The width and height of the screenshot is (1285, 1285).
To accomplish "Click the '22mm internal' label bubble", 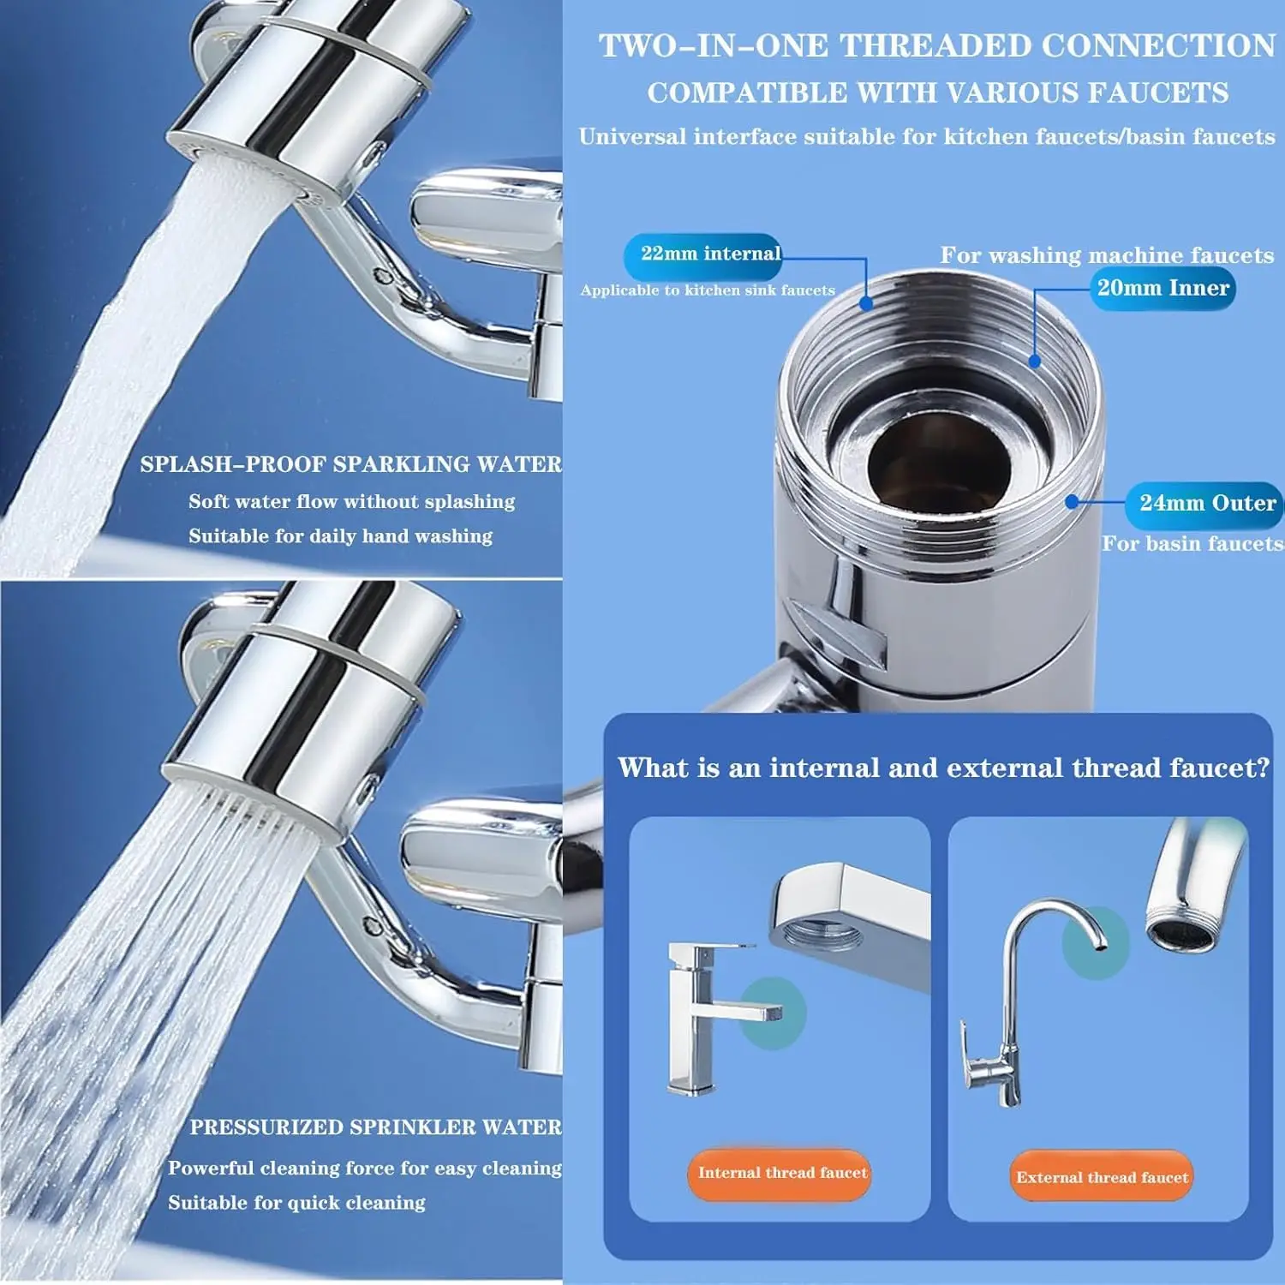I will point(703,254).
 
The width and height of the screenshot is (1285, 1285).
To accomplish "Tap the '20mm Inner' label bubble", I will point(1162,289).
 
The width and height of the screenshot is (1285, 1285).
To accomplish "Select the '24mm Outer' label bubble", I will point(1206,504).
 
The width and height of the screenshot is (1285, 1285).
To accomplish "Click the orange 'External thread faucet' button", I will point(1102,1178).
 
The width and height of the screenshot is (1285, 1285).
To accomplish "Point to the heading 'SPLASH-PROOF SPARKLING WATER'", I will point(350,464).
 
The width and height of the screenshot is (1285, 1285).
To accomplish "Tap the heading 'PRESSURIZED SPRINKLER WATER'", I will point(375,1127).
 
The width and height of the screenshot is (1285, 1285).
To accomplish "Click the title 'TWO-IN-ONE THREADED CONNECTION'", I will point(936,46).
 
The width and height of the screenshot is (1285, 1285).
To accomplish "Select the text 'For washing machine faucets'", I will point(1107,255).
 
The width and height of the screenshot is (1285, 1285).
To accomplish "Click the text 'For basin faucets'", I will point(1192,544).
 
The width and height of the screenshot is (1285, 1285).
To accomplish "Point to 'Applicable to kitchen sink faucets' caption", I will point(708,290).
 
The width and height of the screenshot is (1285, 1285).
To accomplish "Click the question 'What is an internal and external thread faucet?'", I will point(943,768).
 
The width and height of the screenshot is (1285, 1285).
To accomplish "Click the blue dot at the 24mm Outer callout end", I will point(1072,501).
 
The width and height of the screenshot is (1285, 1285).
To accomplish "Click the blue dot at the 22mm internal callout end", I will point(866,303).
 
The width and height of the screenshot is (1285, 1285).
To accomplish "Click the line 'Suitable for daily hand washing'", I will point(340,536).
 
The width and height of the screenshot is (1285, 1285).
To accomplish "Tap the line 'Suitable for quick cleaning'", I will point(296,1203).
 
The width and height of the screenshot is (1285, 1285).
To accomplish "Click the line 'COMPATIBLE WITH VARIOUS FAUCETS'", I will point(937,93).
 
